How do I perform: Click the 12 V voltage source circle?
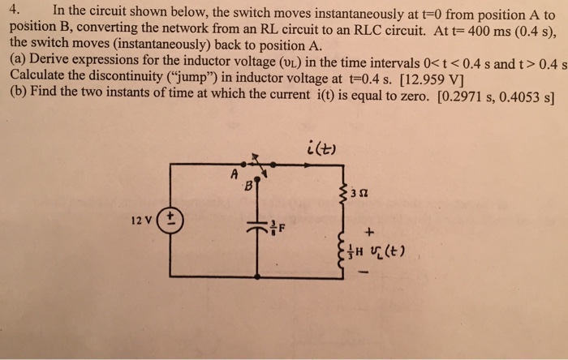(x=171, y=220)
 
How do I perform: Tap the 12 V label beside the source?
(x=142, y=220)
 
